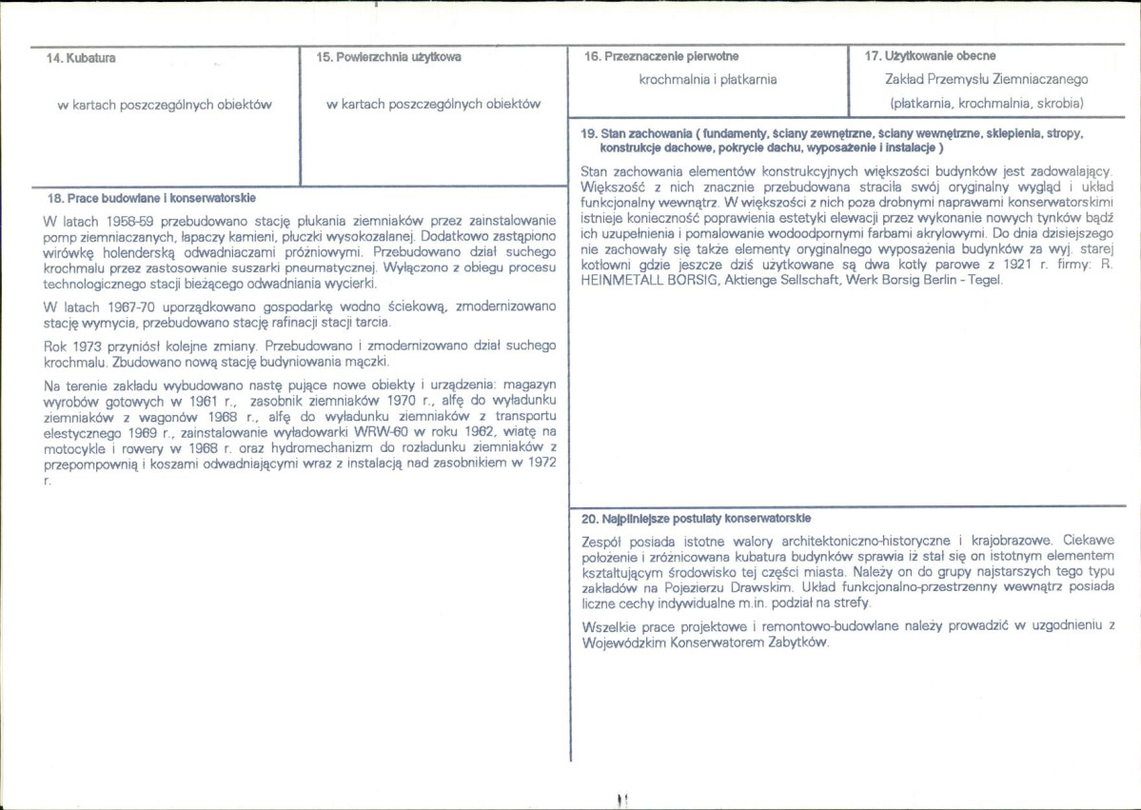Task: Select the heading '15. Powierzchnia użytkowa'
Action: tap(388, 57)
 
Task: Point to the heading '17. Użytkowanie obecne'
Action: tap(930, 56)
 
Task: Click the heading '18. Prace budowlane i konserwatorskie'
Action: tap(151, 199)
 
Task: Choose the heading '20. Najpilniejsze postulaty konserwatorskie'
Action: tap(696, 519)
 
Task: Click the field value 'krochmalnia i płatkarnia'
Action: tap(708, 80)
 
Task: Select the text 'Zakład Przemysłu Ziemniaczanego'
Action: tap(986, 80)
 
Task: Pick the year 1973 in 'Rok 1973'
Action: tap(86, 346)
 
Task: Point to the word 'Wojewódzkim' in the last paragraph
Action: tap(624, 642)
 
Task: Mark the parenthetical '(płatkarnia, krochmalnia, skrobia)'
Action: tap(986, 103)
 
